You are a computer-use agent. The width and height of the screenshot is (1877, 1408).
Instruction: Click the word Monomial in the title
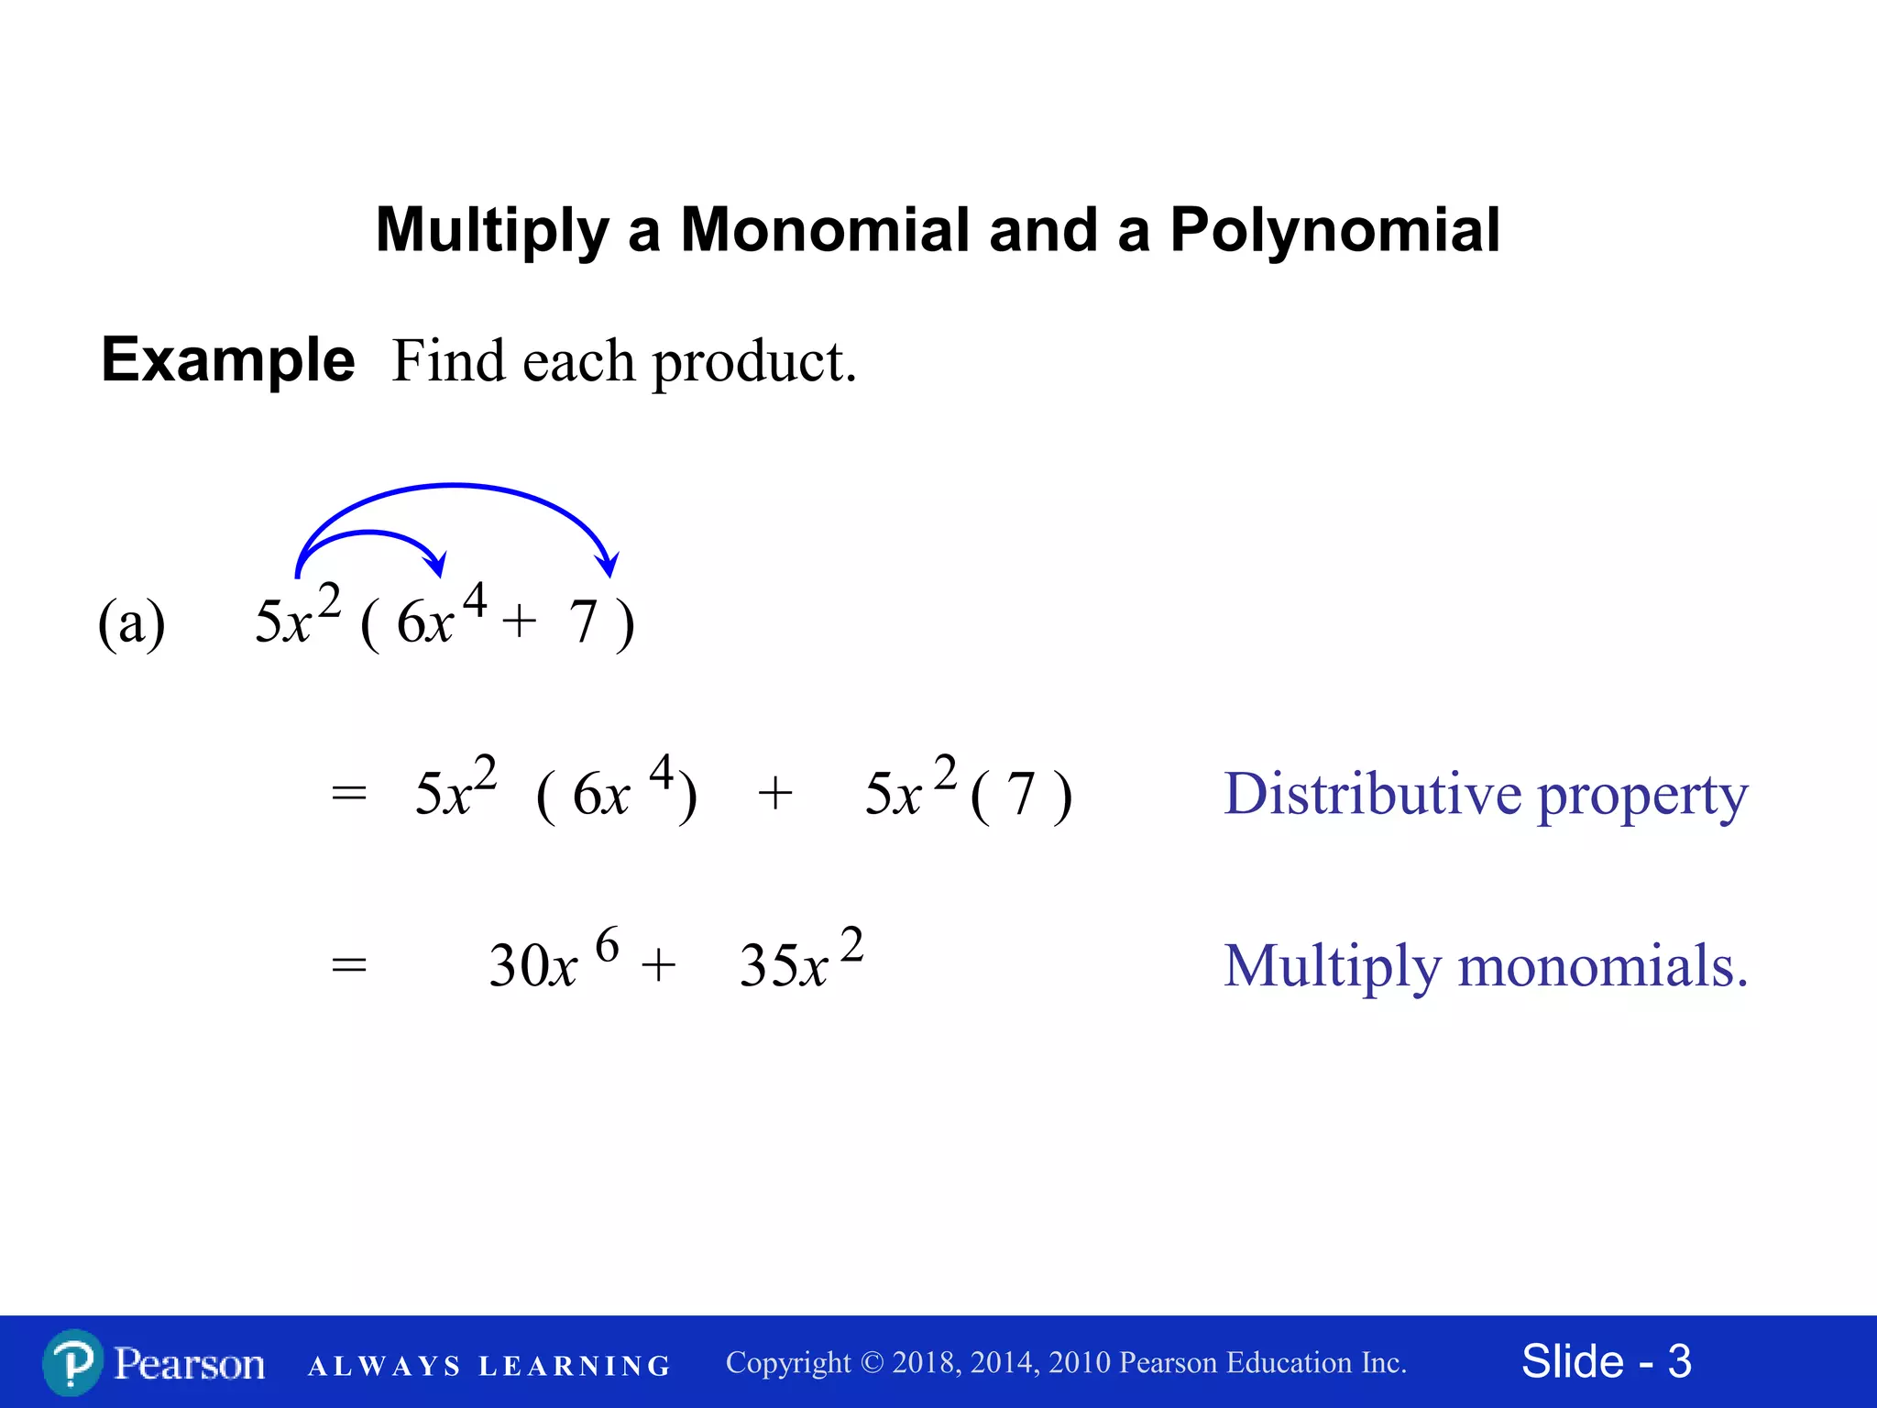tap(824, 229)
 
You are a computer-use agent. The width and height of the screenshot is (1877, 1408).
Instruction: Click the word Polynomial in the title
tap(1334, 229)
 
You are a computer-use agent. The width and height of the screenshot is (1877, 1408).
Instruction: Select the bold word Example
tap(227, 359)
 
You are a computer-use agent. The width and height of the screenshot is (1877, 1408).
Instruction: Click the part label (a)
tap(132, 623)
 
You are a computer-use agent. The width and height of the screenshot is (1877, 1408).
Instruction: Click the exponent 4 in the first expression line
tap(474, 601)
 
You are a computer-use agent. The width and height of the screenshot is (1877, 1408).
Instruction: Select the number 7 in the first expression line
tap(583, 622)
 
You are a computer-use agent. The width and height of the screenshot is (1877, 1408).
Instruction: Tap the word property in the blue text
tap(1642, 796)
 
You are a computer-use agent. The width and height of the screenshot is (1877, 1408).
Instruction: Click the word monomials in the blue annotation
tap(1602, 966)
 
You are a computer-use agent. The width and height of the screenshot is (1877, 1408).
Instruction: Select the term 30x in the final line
tap(532, 966)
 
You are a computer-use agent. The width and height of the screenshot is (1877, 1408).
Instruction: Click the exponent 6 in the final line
tap(607, 945)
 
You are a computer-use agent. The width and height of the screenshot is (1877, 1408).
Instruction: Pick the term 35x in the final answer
tap(783, 966)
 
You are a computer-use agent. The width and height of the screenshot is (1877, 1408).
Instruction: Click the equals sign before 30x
tap(348, 966)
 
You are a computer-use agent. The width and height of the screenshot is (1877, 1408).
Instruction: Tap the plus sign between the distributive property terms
tap(774, 793)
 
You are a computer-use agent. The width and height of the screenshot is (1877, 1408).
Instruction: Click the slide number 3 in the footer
tap(1679, 1361)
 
